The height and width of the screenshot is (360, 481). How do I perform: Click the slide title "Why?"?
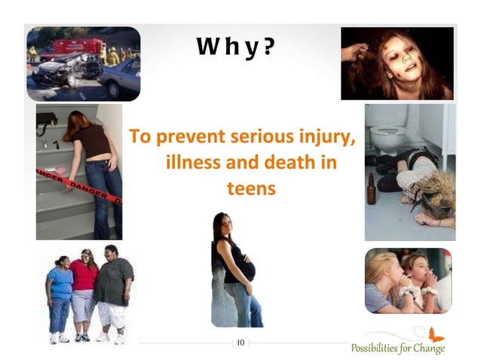(x=234, y=47)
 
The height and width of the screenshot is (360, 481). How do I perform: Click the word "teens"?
(x=251, y=187)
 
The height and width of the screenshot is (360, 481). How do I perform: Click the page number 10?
(x=240, y=343)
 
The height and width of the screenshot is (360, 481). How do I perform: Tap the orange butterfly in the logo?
(x=434, y=333)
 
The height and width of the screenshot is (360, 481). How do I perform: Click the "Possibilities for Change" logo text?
(x=397, y=348)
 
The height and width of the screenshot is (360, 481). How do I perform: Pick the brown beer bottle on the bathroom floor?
(x=371, y=188)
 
